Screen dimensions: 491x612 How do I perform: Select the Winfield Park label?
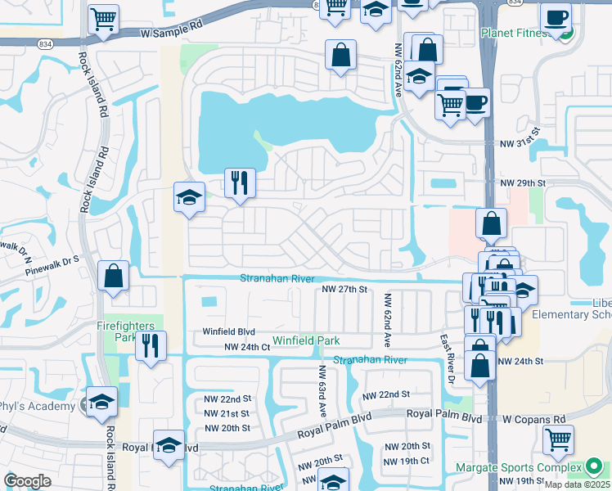click(x=282, y=340)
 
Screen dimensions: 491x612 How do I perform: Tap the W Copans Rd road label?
click(x=534, y=419)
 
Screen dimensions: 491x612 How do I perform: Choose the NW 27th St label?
click(x=344, y=290)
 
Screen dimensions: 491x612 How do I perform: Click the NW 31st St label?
click(x=520, y=131)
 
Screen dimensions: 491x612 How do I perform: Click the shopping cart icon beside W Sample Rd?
click(x=103, y=20)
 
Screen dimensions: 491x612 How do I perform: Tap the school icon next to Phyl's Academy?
click(x=102, y=402)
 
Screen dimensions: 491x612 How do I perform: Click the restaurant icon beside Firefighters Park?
click(x=151, y=345)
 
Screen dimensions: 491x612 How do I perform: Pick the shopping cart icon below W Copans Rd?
click(x=558, y=439)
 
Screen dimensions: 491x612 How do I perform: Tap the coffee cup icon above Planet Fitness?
click(x=556, y=17)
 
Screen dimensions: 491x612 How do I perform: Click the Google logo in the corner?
click(x=27, y=481)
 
